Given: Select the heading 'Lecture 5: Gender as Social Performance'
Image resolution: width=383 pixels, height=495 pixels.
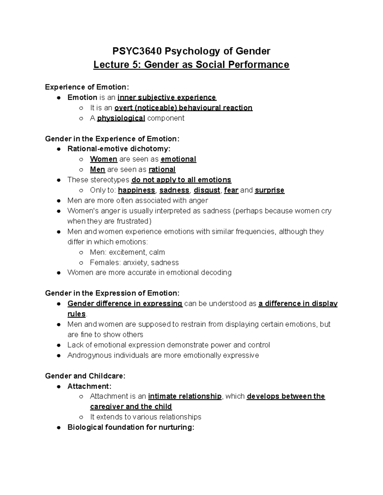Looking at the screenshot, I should click(x=191, y=65).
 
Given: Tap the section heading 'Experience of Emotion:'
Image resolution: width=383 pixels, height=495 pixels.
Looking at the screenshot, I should click(x=87, y=87).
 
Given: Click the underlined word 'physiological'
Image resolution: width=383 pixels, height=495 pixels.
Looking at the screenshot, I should click(x=121, y=118).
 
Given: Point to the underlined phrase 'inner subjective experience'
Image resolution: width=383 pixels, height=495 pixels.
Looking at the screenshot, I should click(x=167, y=98).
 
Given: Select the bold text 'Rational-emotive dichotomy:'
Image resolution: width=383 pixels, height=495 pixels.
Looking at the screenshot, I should click(x=119, y=149).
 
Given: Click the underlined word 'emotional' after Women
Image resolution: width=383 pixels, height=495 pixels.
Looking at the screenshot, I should click(x=178, y=159).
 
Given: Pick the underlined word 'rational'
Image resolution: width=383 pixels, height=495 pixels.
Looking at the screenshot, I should click(x=162, y=170).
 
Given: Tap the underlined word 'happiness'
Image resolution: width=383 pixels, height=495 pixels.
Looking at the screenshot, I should click(x=136, y=190).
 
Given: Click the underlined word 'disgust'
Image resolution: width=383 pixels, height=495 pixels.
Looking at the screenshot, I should click(x=207, y=190).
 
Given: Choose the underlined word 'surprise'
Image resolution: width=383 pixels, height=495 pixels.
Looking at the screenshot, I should click(x=270, y=190).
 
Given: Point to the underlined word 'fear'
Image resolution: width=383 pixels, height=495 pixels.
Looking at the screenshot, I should click(x=231, y=190).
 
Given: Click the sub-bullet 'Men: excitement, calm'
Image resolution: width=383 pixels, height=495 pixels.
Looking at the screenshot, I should click(x=127, y=252).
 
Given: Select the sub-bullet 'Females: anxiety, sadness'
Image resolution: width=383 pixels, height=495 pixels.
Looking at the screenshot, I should click(x=134, y=263).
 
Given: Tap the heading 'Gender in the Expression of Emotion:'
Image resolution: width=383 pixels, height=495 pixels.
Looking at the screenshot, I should click(x=112, y=293).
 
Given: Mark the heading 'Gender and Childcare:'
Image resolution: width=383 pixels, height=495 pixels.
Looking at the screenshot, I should click(x=85, y=376).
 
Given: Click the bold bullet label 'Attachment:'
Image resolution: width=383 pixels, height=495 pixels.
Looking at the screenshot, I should click(x=89, y=386).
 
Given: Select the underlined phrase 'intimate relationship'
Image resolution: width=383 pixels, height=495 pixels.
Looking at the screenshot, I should click(x=185, y=397).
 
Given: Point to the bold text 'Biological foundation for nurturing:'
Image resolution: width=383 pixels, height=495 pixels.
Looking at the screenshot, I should click(x=131, y=427).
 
